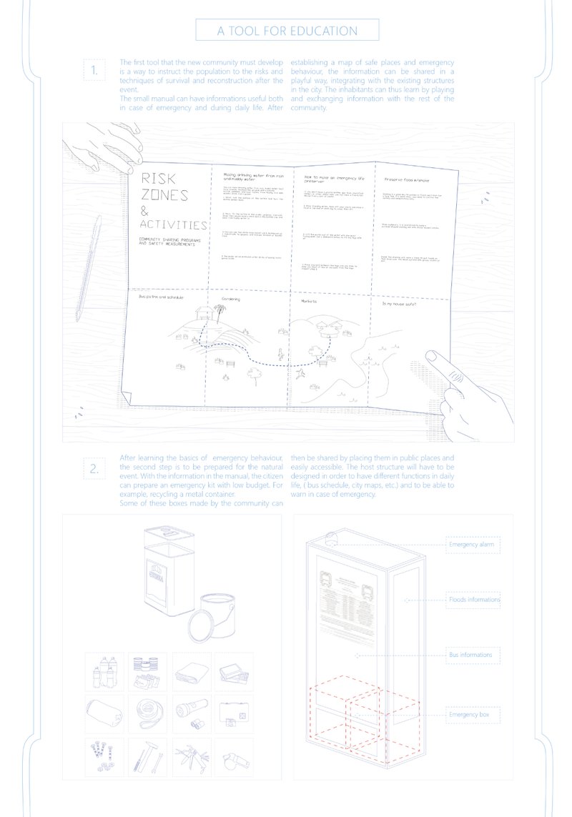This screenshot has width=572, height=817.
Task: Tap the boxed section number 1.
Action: click(x=95, y=70)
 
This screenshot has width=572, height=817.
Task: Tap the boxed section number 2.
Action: click(x=95, y=470)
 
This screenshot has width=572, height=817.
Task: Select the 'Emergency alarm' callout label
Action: click(x=471, y=545)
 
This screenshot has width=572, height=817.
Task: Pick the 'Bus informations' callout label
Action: click(x=470, y=655)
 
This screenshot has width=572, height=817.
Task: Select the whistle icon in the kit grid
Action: click(x=234, y=755)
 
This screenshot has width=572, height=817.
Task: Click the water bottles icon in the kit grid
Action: click(x=104, y=672)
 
